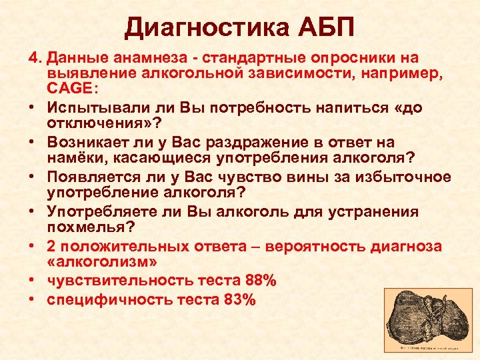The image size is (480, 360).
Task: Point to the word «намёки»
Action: [73, 159]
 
